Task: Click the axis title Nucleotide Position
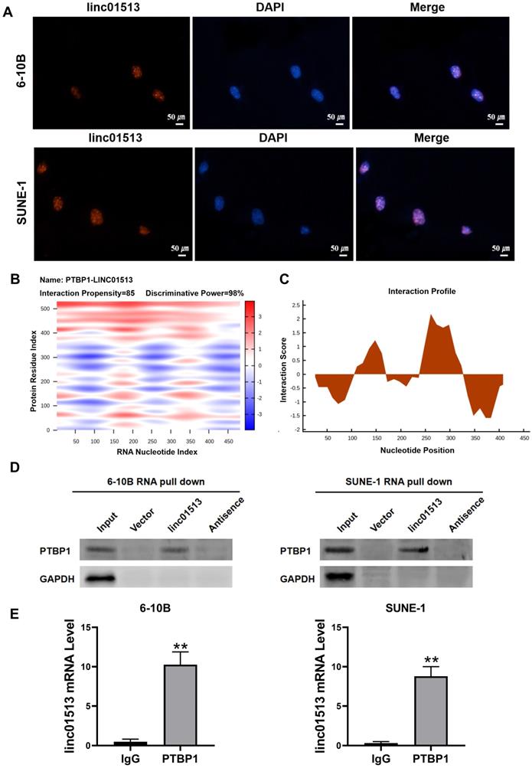pyautogui.click(x=416, y=449)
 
